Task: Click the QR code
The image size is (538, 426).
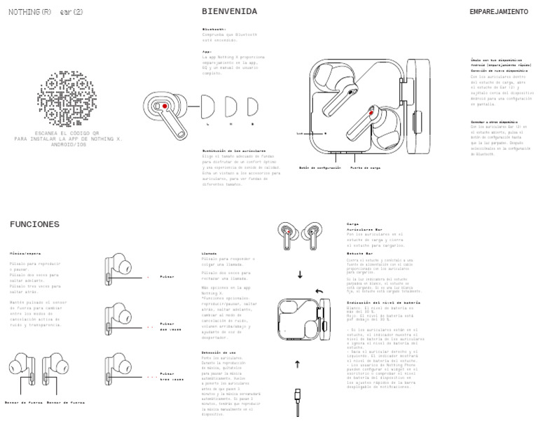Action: pyautogui.click(x=67, y=98)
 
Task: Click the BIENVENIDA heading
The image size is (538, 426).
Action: pyautogui.click(x=229, y=11)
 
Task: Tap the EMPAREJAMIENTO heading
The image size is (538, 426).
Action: pyautogui.click(x=498, y=12)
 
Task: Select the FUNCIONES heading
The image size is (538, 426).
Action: pyautogui.click(x=34, y=224)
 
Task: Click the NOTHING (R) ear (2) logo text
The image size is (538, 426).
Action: pyautogui.click(x=46, y=13)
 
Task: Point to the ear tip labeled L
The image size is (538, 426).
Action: pyautogui.click(x=208, y=109)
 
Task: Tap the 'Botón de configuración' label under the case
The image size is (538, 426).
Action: pyautogui.click(x=319, y=167)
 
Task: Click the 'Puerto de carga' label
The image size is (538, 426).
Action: pyautogui.click(x=365, y=167)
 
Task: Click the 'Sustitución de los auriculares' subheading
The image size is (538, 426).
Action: pyautogui.click(x=234, y=150)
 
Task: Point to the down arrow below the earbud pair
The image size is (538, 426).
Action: pyautogui.click(x=300, y=275)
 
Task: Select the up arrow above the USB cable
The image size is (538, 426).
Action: pyautogui.click(x=297, y=364)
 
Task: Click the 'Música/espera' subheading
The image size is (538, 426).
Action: pyautogui.click(x=25, y=253)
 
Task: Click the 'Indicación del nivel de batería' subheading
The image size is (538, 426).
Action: pyautogui.click(x=383, y=302)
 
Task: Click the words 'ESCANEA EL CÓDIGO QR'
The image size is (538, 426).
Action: pyautogui.click(x=67, y=133)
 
